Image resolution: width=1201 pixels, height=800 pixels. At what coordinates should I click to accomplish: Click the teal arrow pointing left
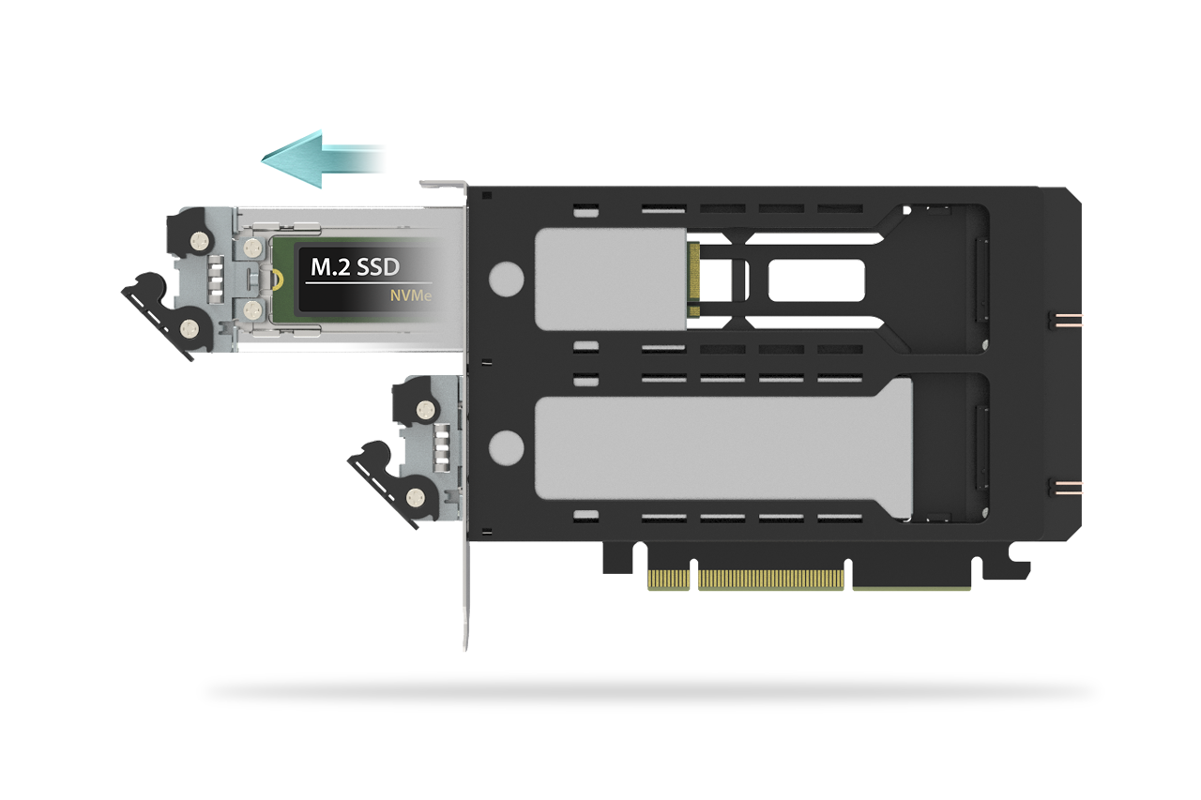point(322,159)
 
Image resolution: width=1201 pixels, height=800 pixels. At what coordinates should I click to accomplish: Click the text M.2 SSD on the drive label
point(355,267)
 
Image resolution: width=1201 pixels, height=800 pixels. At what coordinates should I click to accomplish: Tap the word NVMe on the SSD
point(411,295)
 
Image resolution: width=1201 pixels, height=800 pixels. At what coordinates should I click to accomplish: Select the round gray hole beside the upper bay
point(506,279)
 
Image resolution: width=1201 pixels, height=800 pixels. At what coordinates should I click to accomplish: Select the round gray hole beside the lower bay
point(506,448)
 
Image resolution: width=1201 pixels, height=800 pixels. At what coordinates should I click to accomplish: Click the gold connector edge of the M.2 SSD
point(693,279)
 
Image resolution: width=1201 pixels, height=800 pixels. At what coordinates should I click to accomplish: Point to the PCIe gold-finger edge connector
point(809,581)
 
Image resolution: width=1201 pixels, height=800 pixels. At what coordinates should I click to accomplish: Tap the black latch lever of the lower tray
point(391,484)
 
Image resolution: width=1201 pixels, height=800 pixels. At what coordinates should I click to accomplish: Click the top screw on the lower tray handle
point(426,411)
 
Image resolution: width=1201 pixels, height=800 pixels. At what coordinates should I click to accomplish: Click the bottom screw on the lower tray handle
point(416,498)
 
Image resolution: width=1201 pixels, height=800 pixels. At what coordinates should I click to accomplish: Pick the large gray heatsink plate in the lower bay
point(723,448)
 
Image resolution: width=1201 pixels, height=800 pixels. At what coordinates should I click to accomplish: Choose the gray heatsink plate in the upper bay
point(611,279)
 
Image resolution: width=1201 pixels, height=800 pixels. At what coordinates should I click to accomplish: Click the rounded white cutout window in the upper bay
point(816,280)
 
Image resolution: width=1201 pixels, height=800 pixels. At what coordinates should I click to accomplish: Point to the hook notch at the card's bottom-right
point(1007,563)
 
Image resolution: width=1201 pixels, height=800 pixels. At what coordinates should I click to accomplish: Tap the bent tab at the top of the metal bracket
point(443,185)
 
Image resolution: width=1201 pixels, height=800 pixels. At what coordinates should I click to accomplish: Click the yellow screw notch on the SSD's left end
point(277,278)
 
